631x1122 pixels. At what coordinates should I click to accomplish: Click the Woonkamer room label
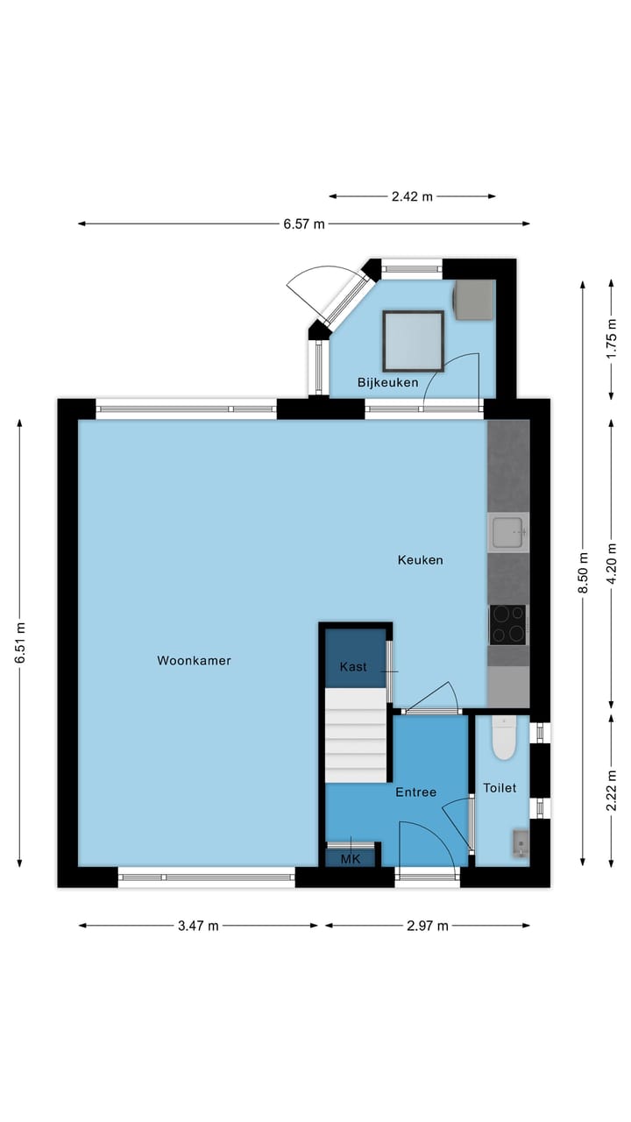pos(194,661)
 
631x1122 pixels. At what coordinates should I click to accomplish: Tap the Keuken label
pos(420,560)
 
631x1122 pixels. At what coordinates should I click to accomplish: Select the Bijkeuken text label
pos(387,383)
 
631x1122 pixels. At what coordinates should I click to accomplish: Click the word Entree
pos(415,792)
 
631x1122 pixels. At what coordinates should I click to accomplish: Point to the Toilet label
pos(500,788)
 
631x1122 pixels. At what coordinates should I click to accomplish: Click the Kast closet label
pos(354,668)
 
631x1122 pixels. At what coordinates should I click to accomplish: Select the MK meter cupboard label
pos(351,859)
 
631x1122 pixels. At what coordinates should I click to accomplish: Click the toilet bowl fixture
pos(504,738)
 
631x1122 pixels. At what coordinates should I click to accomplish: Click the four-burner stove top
pos(507,624)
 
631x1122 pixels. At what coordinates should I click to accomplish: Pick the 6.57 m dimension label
pos(304,224)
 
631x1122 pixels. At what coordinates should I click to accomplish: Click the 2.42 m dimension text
pos(412,196)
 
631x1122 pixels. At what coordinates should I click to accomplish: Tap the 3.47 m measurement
pos(198,926)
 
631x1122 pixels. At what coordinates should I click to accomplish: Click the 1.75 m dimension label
pos(612,339)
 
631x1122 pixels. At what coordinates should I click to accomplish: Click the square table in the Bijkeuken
pos(413,340)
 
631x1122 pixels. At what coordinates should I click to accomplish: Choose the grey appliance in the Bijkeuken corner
pos(472,300)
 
